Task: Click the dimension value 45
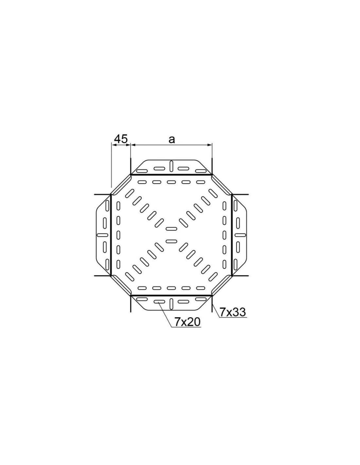(121, 139)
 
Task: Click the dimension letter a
(171, 140)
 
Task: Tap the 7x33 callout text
(232, 313)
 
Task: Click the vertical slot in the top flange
(171, 166)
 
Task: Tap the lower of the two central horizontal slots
(171, 241)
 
